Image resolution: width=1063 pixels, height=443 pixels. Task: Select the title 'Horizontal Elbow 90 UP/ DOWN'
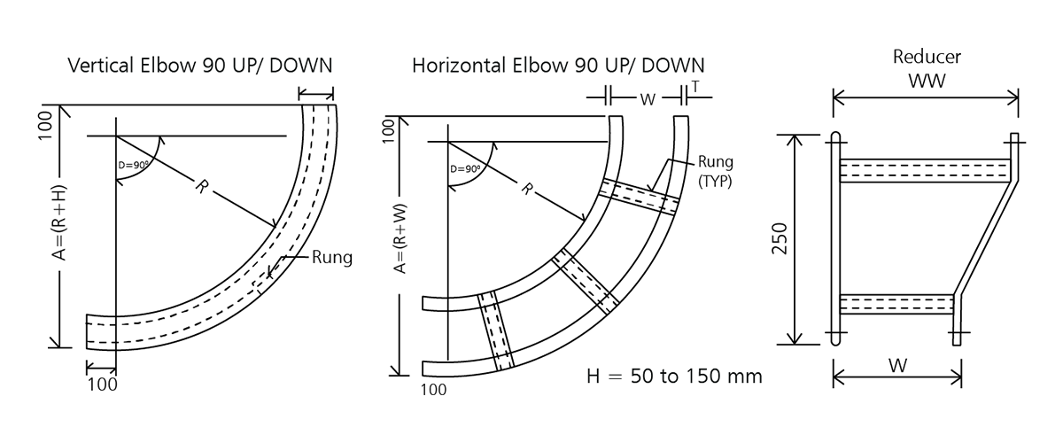(558, 66)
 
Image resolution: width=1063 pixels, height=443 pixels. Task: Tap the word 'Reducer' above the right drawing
(927, 58)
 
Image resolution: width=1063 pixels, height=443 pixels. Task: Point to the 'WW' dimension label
(927, 81)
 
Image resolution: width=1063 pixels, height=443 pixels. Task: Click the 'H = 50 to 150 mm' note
(674, 377)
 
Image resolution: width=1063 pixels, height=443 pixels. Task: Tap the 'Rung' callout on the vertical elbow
(331, 259)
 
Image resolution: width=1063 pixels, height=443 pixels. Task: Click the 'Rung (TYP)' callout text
(716, 170)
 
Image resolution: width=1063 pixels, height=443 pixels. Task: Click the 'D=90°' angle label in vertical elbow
(133, 165)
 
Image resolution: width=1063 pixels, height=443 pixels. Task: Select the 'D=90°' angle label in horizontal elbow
(465, 169)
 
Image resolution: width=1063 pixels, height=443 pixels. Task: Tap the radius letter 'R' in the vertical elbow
(201, 187)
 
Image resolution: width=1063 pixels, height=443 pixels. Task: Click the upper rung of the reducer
(924, 169)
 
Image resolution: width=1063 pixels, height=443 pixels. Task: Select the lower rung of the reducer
(895, 304)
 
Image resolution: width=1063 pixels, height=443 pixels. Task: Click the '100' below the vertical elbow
(103, 384)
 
